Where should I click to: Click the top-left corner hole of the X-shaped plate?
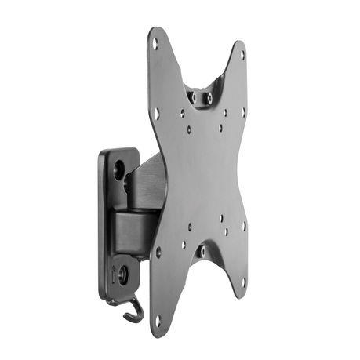[155, 44]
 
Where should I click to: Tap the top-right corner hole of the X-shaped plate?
[242, 55]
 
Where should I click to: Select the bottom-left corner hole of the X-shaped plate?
[158, 319]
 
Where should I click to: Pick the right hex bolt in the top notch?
[209, 98]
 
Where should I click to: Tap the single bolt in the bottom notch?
[202, 251]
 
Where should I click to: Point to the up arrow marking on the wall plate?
[115, 275]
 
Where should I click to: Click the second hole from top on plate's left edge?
[157, 113]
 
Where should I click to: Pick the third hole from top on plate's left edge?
[158, 253]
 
